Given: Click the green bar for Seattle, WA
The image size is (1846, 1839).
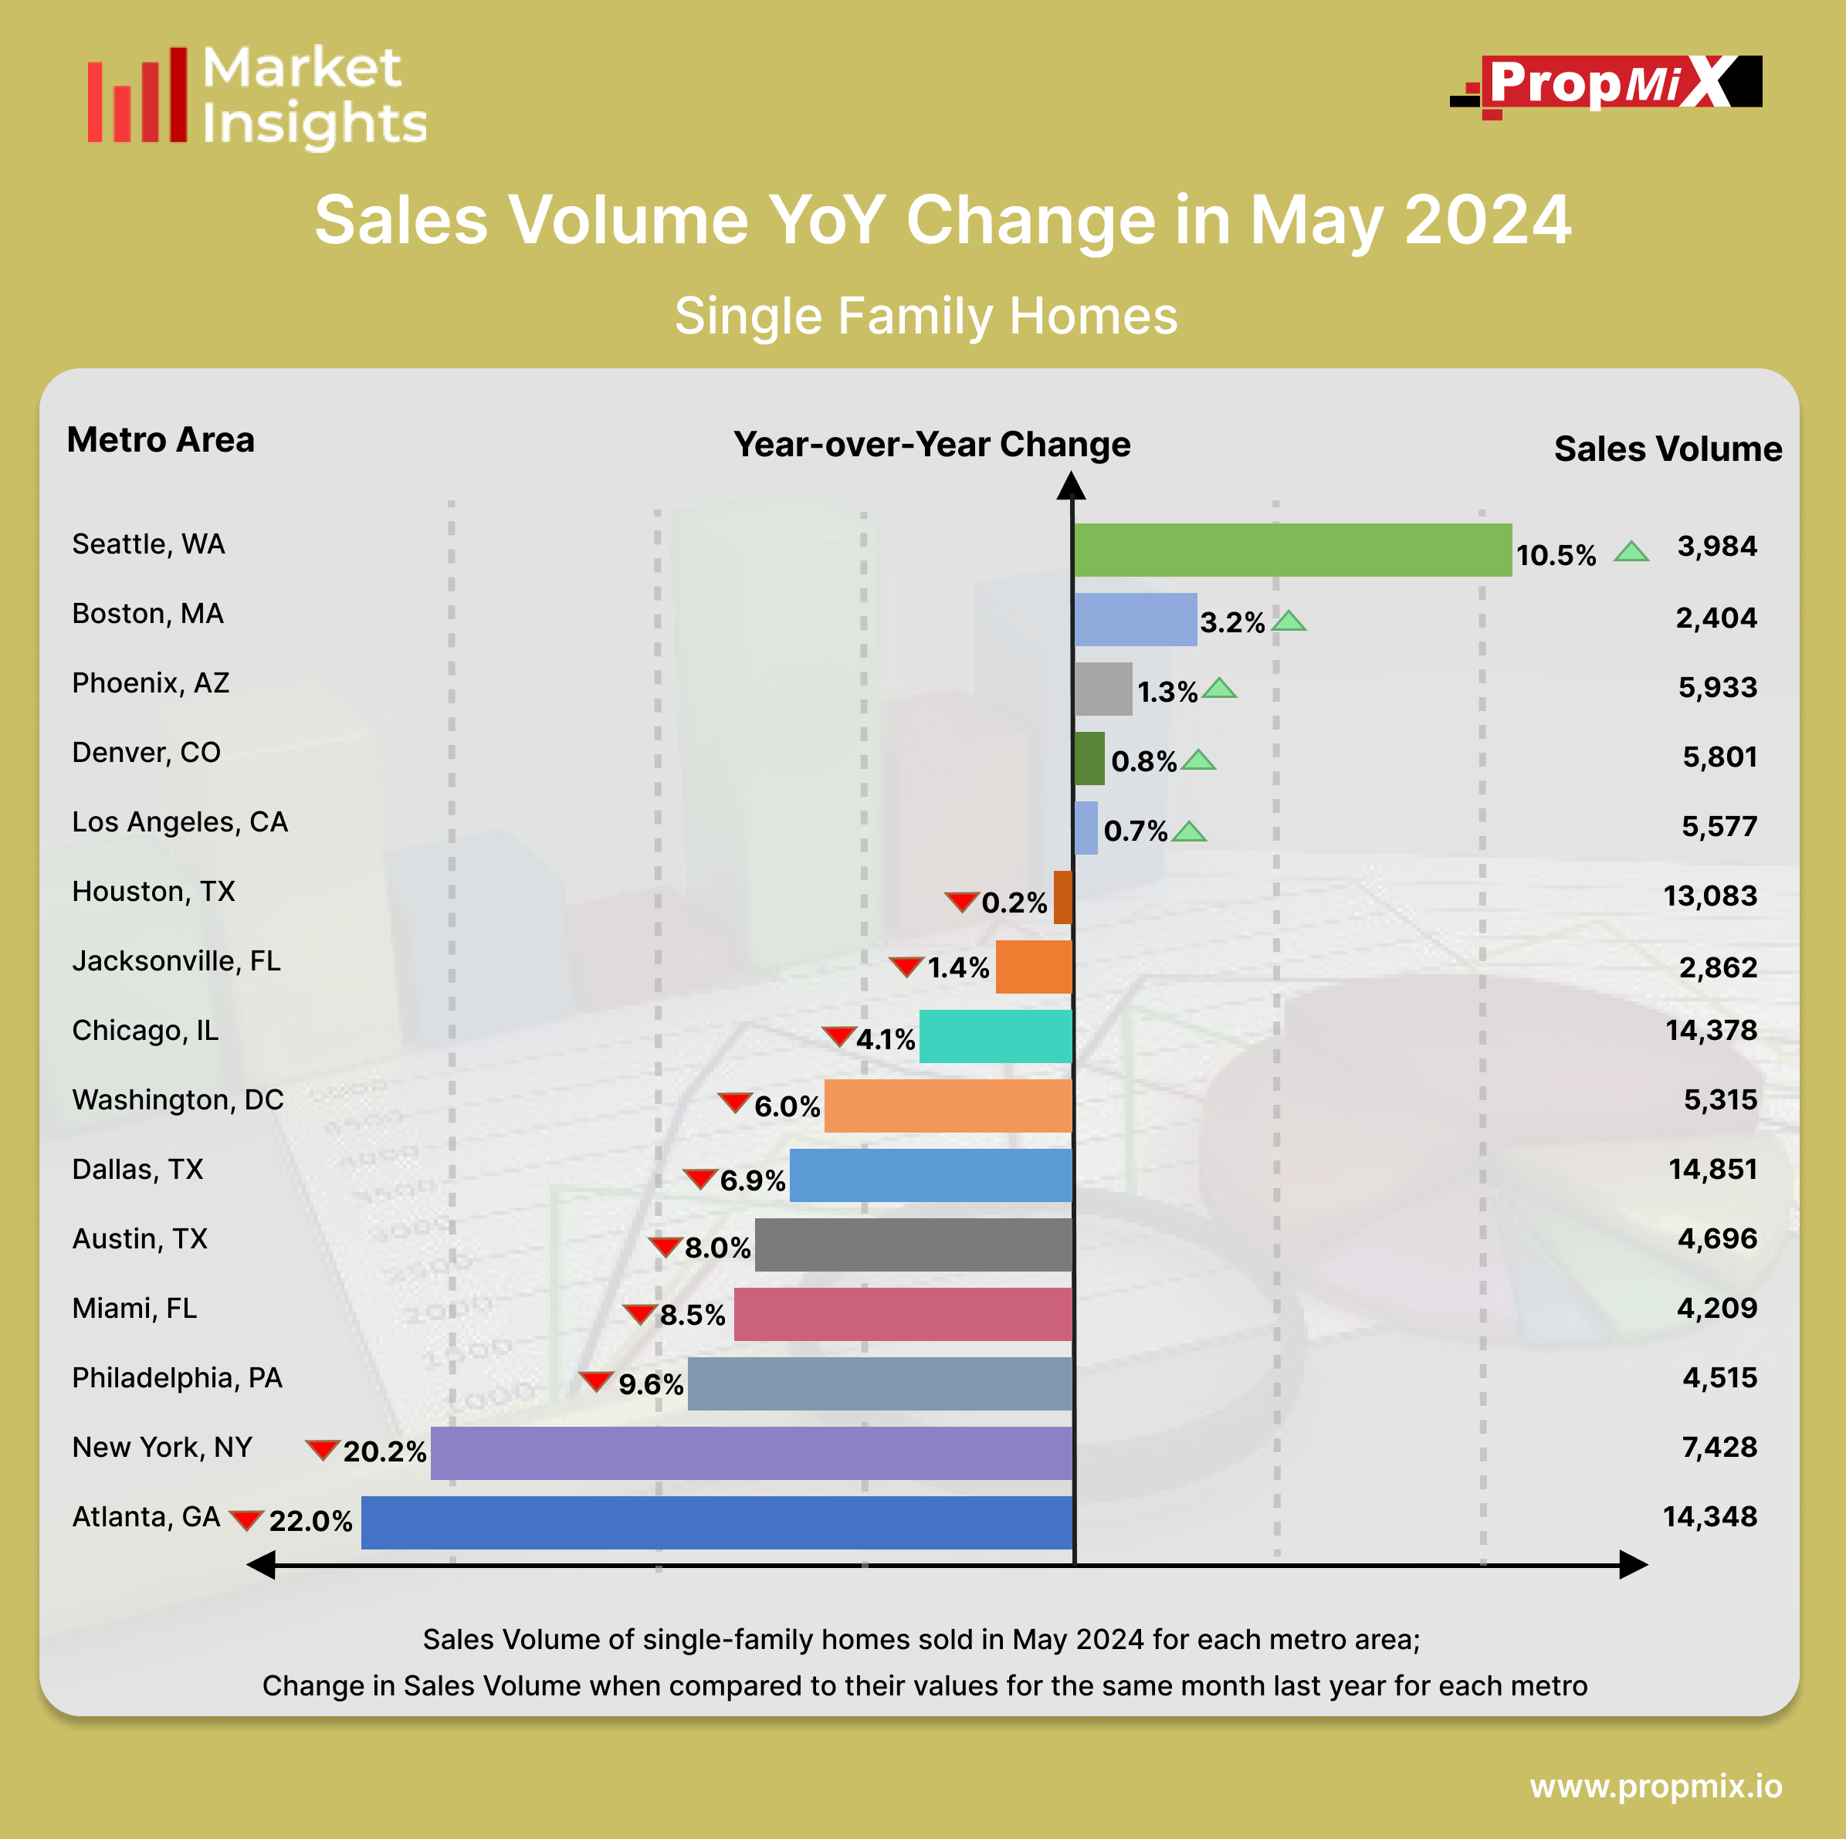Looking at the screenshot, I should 1292,550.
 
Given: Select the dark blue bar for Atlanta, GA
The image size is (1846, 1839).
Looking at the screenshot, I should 716,1522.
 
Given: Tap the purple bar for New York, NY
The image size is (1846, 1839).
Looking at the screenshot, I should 751,1452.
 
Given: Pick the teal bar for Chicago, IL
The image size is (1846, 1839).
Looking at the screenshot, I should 996,1037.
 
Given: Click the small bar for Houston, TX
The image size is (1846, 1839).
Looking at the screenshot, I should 1062,897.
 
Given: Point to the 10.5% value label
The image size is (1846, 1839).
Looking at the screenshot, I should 1556,555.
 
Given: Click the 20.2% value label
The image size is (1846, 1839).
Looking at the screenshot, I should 384,1451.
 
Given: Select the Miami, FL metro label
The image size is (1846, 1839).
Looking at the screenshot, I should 134,1308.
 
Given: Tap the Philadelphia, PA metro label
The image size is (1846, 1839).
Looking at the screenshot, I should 178,1377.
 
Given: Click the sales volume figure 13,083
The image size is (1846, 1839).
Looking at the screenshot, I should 1709,896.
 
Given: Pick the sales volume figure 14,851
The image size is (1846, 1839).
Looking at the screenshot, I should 1712,1170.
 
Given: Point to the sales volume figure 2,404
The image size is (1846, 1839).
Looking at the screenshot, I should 1716,618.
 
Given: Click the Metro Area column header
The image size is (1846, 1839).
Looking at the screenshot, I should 161,440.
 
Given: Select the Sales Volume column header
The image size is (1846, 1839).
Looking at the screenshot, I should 1668,449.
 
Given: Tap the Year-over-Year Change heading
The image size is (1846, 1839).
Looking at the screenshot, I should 932,445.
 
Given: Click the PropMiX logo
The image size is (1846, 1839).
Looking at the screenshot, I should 1607,84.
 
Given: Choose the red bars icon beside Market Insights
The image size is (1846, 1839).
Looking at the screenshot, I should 137,96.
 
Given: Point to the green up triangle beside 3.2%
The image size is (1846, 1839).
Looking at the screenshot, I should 1289,622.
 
